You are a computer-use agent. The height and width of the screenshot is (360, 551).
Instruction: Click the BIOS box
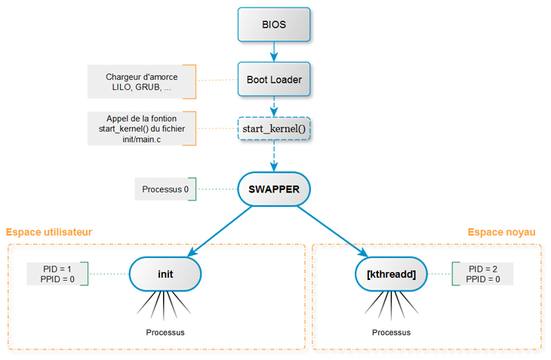point(274,24)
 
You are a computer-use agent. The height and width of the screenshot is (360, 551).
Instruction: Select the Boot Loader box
point(274,79)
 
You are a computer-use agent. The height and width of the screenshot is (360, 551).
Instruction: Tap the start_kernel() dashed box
point(274,131)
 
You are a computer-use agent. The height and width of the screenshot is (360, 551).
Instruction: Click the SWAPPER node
point(274,189)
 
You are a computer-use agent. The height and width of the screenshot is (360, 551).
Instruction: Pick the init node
point(165,274)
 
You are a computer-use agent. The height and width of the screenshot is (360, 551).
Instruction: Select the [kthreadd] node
point(391,274)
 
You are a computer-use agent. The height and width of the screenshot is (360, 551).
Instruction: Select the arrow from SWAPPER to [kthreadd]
point(332,232)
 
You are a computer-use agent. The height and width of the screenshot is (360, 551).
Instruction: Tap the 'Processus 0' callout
point(165,189)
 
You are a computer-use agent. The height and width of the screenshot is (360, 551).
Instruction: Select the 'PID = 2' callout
point(483,274)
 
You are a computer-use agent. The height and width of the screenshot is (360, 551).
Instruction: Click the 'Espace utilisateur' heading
point(49,232)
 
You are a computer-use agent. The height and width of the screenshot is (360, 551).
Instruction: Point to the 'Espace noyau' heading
point(501,232)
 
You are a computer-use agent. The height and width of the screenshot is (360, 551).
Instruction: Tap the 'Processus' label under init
point(165,332)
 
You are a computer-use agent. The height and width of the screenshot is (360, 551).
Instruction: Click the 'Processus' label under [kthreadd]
point(391,332)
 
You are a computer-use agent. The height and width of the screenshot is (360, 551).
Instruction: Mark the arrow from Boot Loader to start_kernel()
point(274,106)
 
